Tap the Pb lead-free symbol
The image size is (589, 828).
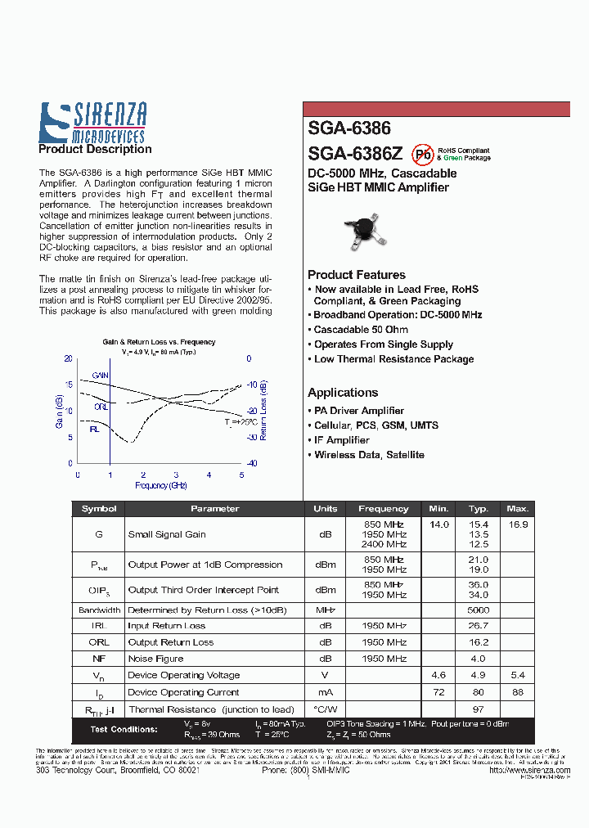tap(422, 153)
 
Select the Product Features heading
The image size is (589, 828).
tap(356, 275)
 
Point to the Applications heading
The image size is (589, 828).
tap(343, 393)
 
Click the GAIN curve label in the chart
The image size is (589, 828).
tap(100, 376)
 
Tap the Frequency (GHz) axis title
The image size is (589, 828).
tap(161, 485)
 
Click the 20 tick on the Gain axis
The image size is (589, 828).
tap(68, 358)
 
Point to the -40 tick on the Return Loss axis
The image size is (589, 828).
tap(253, 463)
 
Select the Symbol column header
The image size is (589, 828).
tap(99, 508)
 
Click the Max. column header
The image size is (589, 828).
tap(517, 508)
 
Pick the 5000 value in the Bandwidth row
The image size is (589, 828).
tap(478, 610)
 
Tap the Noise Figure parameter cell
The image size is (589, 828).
tap(155, 659)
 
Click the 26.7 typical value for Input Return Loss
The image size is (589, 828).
tap(478, 626)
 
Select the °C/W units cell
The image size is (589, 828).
tap(325, 709)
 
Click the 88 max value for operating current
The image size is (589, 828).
tap(517, 692)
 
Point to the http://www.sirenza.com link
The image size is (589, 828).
tap(528, 770)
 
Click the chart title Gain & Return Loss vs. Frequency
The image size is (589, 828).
tap(159, 342)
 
